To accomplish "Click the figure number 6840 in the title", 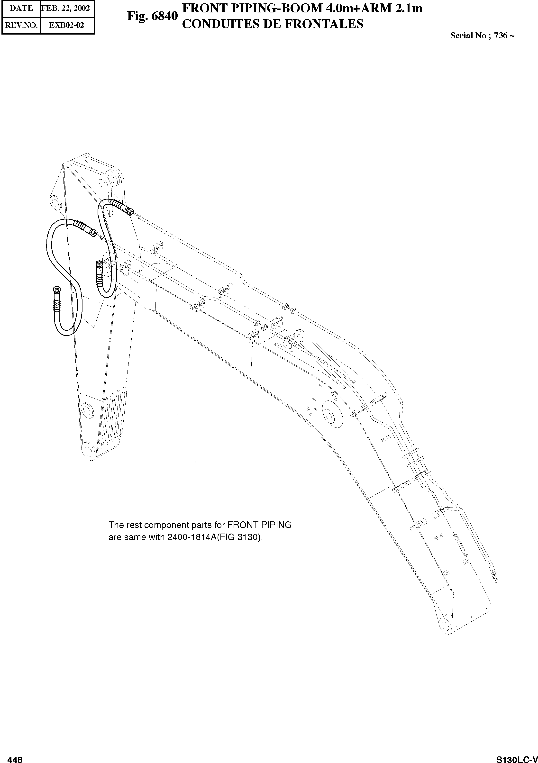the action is pos(164,16).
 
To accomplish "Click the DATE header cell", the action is pos(21,8).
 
